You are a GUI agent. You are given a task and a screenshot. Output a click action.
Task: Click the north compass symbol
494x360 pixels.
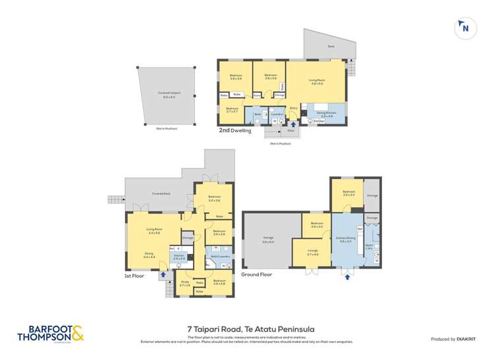466,28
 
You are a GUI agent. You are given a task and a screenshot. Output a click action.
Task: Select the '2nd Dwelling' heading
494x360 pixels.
235,130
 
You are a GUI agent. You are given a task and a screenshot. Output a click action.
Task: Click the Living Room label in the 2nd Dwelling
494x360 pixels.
316,82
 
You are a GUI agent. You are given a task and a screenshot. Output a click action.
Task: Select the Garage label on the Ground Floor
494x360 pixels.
267,240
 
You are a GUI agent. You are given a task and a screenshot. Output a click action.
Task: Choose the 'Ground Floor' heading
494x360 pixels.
257,274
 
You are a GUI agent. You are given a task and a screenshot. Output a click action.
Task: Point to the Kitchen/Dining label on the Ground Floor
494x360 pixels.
346,240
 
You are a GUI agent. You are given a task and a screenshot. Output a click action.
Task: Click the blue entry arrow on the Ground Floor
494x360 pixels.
347,276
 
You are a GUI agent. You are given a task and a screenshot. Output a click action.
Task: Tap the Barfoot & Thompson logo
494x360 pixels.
56,335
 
